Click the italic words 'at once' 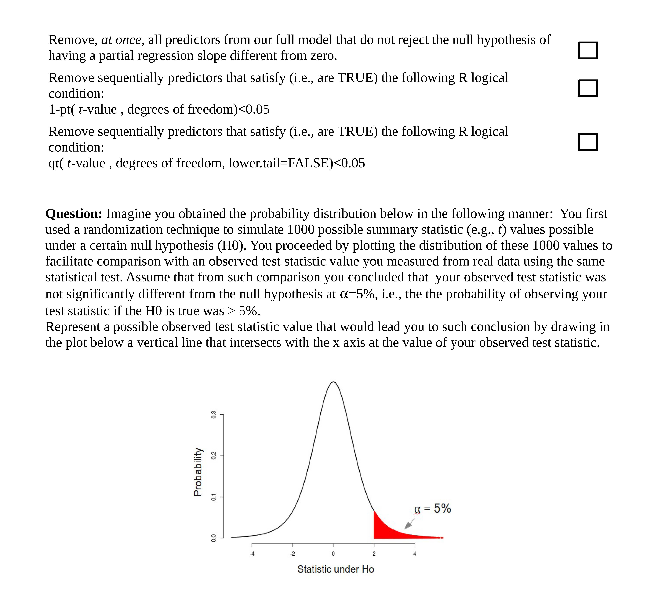(121, 40)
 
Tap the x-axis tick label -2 (292, 554)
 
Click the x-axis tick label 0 (333, 554)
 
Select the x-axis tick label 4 (415, 554)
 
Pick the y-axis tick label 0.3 (213, 415)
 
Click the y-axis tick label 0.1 (213, 497)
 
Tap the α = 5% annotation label (432, 508)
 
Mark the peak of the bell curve (333, 382)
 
